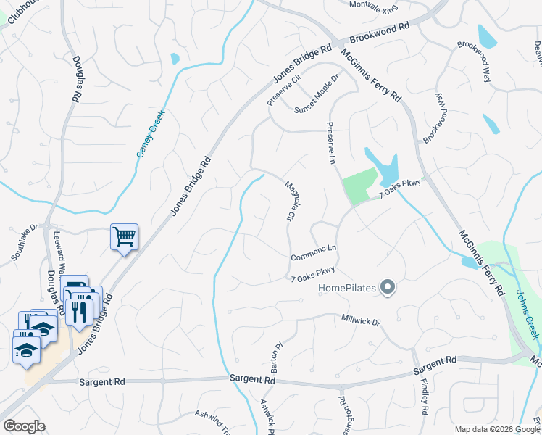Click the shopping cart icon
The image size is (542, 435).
pyautogui.click(x=124, y=236)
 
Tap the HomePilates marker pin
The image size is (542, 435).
pyautogui.click(x=388, y=288)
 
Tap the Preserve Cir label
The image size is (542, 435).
pyautogui.click(x=279, y=93)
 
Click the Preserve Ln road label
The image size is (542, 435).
pyautogui.click(x=332, y=152)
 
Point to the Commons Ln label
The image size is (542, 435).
pyautogui.click(x=314, y=253)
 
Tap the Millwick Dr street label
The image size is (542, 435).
pyautogui.click(x=361, y=320)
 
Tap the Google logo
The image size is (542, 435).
pyautogui.click(x=23, y=426)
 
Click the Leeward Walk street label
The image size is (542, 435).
pyautogui.click(x=61, y=251)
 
